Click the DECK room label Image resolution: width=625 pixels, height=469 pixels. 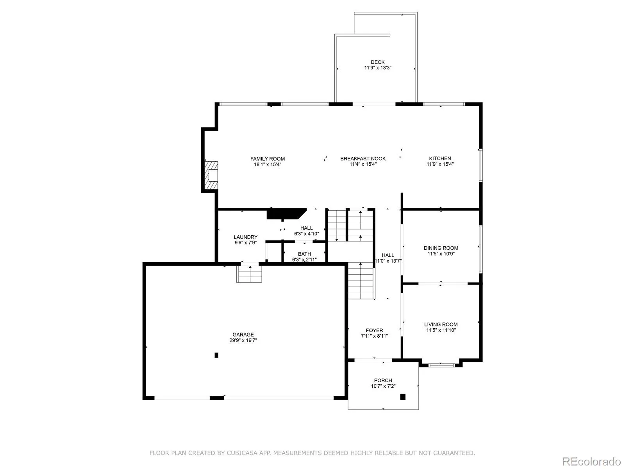[378, 62]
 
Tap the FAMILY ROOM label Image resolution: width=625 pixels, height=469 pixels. [267, 159]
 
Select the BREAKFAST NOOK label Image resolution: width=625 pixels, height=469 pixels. [363, 159]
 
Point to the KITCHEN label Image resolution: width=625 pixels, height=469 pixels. [440, 158]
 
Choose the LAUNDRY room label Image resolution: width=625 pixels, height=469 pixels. [245, 237]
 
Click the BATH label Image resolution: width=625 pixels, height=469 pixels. [304, 254]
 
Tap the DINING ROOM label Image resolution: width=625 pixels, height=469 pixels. [441, 248]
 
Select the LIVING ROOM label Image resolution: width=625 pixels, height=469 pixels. [441, 324]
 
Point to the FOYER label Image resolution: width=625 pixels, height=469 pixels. [375, 330]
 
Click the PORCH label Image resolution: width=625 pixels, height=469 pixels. [383, 380]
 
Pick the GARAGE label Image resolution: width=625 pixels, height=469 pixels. [243, 335]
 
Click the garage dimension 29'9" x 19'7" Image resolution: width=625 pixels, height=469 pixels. [243, 340]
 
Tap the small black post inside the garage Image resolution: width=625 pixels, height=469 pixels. [216, 355]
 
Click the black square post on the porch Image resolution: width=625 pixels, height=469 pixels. [403, 397]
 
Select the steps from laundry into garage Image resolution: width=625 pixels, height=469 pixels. [249, 274]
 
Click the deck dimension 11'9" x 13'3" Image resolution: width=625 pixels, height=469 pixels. [378, 68]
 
